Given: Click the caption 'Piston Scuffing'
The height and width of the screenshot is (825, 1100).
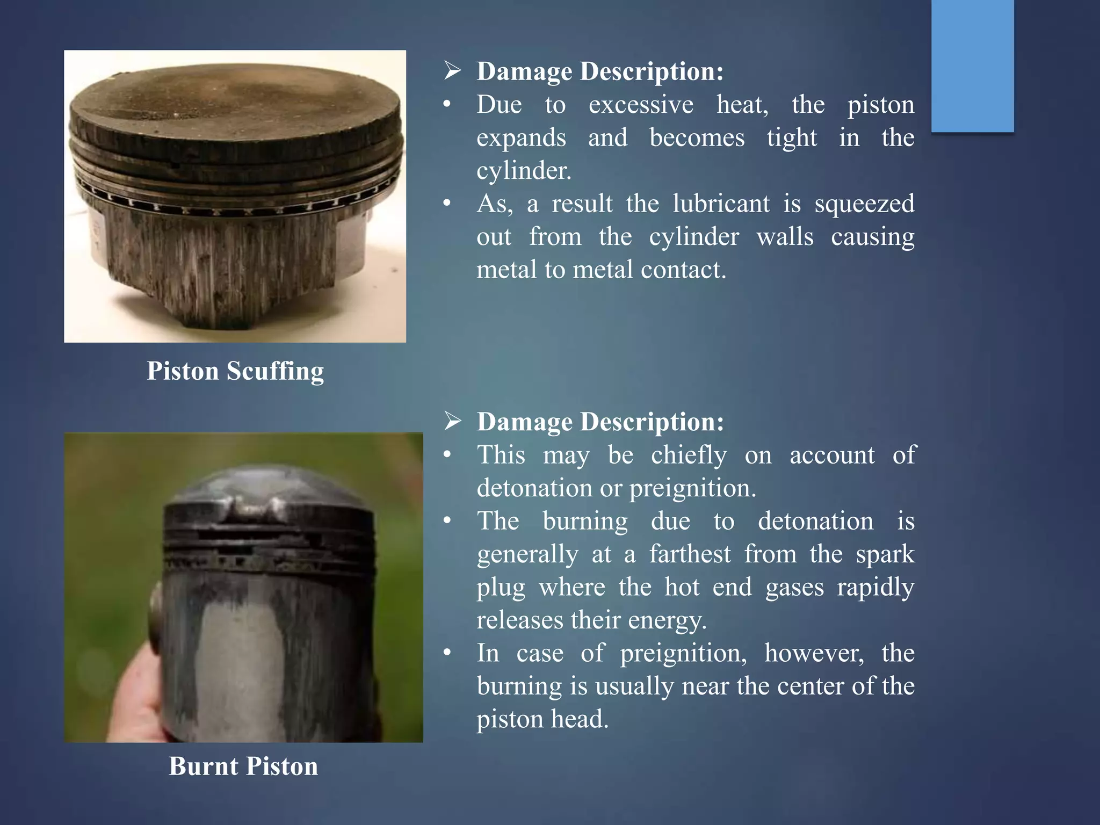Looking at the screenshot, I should [x=235, y=371].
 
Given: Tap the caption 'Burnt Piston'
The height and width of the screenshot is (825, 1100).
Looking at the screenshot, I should [x=243, y=766].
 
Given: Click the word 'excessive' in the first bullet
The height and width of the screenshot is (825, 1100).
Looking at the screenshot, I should [x=641, y=105].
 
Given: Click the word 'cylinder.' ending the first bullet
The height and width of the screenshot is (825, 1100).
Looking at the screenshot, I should [x=524, y=171].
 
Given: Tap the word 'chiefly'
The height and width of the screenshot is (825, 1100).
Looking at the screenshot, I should [x=689, y=455].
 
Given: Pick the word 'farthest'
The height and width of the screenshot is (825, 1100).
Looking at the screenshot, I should [x=690, y=554].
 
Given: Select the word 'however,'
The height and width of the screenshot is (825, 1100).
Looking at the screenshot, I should [x=814, y=654].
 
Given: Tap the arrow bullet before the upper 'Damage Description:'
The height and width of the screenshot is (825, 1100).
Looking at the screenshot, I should [x=452, y=71].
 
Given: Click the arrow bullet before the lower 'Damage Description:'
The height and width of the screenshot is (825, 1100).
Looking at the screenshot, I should [x=452, y=422].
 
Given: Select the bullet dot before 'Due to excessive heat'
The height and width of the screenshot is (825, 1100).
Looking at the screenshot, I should [x=447, y=105].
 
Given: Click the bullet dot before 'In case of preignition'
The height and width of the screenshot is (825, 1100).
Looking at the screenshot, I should [x=447, y=654].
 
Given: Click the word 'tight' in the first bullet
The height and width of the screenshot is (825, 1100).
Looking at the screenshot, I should [x=792, y=138].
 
